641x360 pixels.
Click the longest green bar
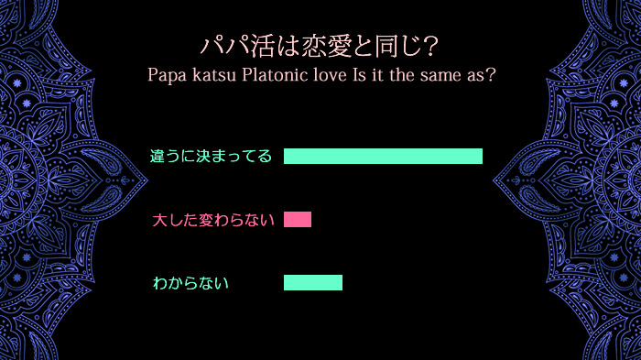pyautogui.click(x=383, y=156)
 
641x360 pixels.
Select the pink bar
pyautogui.click(x=298, y=219)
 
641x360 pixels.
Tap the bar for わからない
pyautogui.click(x=313, y=283)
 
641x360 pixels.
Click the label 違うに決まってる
pyautogui.click(x=212, y=156)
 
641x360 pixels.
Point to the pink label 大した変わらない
pyautogui.click(x=213, y=220)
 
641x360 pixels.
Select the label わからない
pyautogui.click(x=190, y=283)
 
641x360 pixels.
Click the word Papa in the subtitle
pyautogui.click(x=167, y=75)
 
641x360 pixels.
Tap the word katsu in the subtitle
pyautogui.click(x=214, y=75)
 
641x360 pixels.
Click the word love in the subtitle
pyautogui.click(x=329, y=75)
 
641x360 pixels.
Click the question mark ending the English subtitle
pyautogui.click(x=491, y=75)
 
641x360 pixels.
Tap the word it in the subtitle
pyautogui.click(x=376, y=75)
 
